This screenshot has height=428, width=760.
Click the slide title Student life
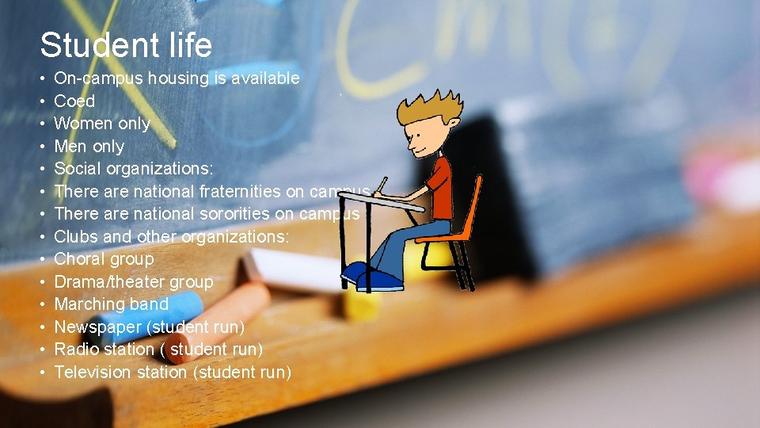[126, 45]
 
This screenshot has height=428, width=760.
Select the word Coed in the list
[74, 101]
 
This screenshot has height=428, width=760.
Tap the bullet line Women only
[101, 124]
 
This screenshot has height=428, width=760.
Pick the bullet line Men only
[89, 147]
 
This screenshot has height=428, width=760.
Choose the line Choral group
[104, 259]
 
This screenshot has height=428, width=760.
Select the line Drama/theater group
[133, 282]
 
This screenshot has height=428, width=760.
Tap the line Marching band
[111, 304]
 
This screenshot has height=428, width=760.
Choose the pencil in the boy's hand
[382, 184]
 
